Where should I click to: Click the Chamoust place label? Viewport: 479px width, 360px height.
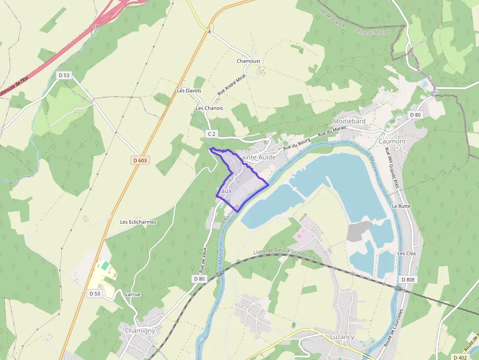tap(248, 61)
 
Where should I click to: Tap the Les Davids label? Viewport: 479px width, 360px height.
tap(189, 91)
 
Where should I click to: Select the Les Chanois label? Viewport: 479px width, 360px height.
tap(209, 108)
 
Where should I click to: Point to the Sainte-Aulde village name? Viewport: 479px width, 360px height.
tap(257, 158)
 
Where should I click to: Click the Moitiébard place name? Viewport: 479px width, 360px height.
tap(349, 121)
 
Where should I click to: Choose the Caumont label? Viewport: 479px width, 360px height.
tap(392, 141)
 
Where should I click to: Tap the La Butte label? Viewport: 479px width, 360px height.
tap(401, 206)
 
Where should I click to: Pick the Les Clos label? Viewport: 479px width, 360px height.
tap(407, 254)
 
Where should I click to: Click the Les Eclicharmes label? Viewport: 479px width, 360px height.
tap(138, 222)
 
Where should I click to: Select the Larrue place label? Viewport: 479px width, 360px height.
tap(132, 295)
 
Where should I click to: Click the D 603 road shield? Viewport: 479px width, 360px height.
tap(139, 160)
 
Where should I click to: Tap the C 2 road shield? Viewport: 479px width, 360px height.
tap(212, 134)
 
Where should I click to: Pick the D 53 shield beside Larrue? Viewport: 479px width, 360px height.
tap(94, 294)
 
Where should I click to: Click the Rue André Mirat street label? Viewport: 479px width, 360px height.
tap(231, 85)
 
